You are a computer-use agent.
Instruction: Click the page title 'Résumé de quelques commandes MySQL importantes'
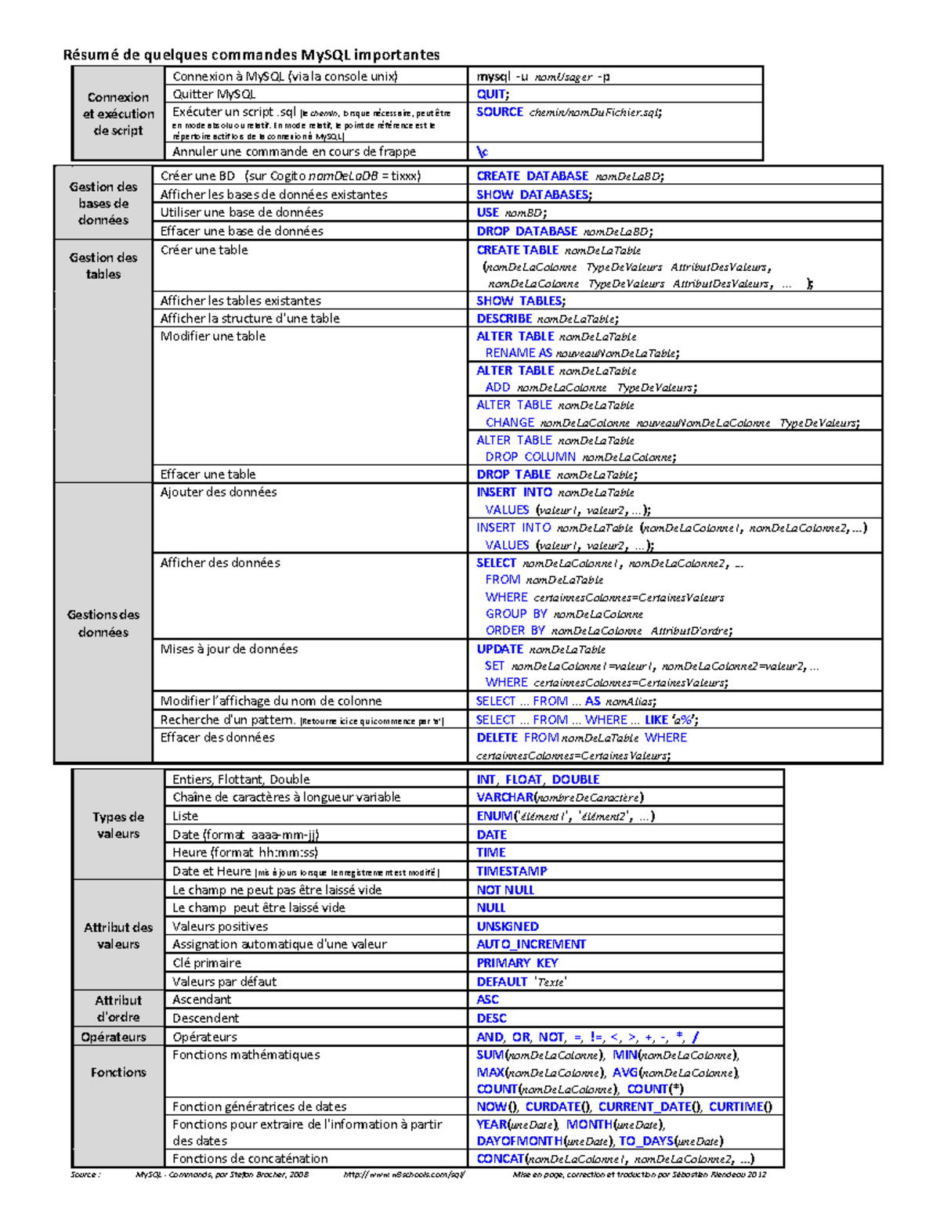click(x=251, y=54)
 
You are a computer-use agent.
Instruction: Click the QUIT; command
click(x=492, y=94)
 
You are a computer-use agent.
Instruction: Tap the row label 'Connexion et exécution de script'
click(x=118, y=114)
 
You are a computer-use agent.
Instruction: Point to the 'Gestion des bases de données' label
click(x=103, y=203)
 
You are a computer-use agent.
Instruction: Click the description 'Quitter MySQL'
click(x=214, y=94)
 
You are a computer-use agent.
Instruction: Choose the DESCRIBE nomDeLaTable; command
click(x=547, y=319)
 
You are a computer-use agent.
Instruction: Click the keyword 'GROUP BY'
click(x=515, y=614)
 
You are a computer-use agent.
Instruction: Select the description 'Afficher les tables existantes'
click(x=240, y=301)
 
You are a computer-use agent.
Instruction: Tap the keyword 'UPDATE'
click(x=500, y=649)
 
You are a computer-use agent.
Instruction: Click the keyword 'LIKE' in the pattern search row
click(x=656, y=720)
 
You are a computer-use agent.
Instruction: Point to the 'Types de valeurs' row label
click(x=118, y=825)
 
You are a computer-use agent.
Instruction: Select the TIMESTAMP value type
click(x=512, y=871)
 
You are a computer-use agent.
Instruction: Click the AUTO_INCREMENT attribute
click(x=531, y=944)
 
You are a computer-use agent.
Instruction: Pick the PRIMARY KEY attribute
click(x=517, y=963)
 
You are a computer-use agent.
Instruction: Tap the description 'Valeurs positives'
click(x=220, y=926)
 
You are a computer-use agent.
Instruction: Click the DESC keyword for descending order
click(x=491, y=1018)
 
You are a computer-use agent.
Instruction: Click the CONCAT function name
click(x=500, y=1159)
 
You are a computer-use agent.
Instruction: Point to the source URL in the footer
click(x=404, y=1175)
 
